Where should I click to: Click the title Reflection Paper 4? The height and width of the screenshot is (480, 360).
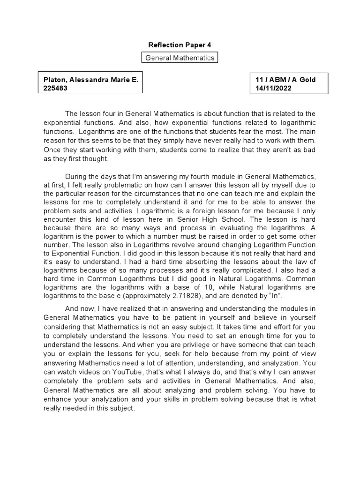click(180, 45)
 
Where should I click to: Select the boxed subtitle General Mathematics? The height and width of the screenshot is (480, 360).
click(180, 58)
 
